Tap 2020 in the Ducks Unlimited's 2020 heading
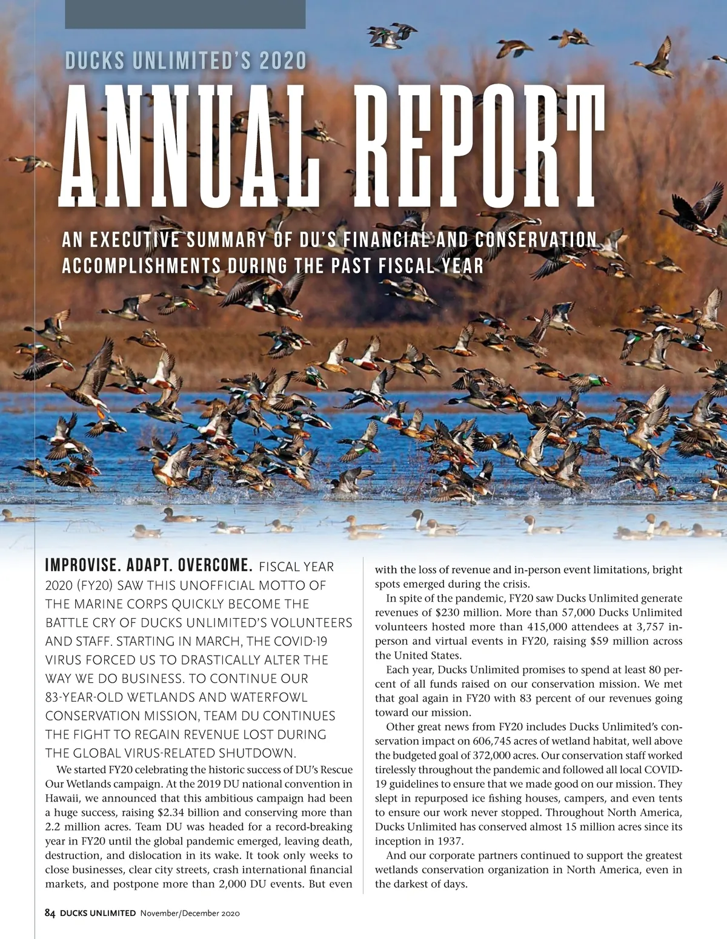pos(282,61)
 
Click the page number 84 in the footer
pos(50,913)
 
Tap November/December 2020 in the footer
pos(190,913)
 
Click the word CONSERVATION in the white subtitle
pos(536,240)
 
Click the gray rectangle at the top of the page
pos(185,14)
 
